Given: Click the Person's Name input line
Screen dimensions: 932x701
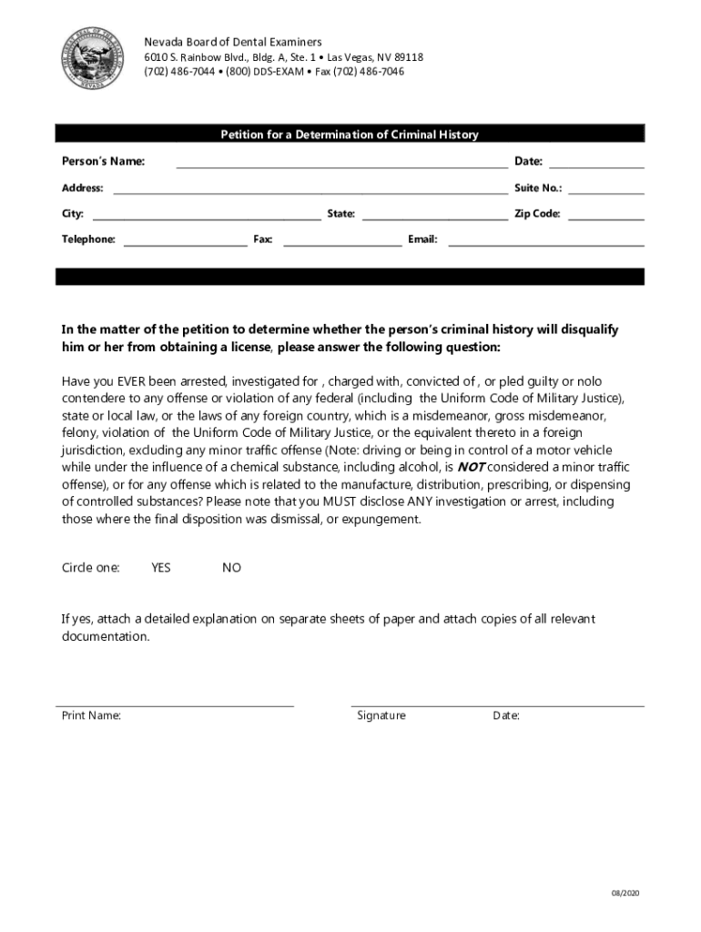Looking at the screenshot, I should [341, 163].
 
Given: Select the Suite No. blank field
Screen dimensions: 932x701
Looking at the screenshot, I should [605, 188].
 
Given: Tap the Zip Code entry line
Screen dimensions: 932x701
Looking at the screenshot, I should [605, 215].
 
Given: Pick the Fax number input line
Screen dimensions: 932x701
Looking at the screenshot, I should [342, 240].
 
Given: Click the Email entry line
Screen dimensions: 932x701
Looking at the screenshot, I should [546, 240].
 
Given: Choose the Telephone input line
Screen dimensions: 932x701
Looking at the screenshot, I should [185, 240].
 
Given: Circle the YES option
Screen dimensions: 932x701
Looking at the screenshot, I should [161, 568].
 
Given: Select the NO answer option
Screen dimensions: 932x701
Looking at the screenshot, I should [232, 568].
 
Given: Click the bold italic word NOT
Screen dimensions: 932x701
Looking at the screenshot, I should [470, 467].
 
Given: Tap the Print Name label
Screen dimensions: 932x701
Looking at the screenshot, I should [91, 716].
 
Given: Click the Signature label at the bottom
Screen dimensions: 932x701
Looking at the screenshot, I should [381, 716].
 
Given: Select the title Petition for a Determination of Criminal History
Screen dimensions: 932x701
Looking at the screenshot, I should [350, 135].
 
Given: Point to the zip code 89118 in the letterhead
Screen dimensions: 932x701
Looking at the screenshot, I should [407, 57].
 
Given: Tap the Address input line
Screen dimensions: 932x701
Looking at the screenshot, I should [310, 188].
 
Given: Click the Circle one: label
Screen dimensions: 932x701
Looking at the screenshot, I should [90, 568].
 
